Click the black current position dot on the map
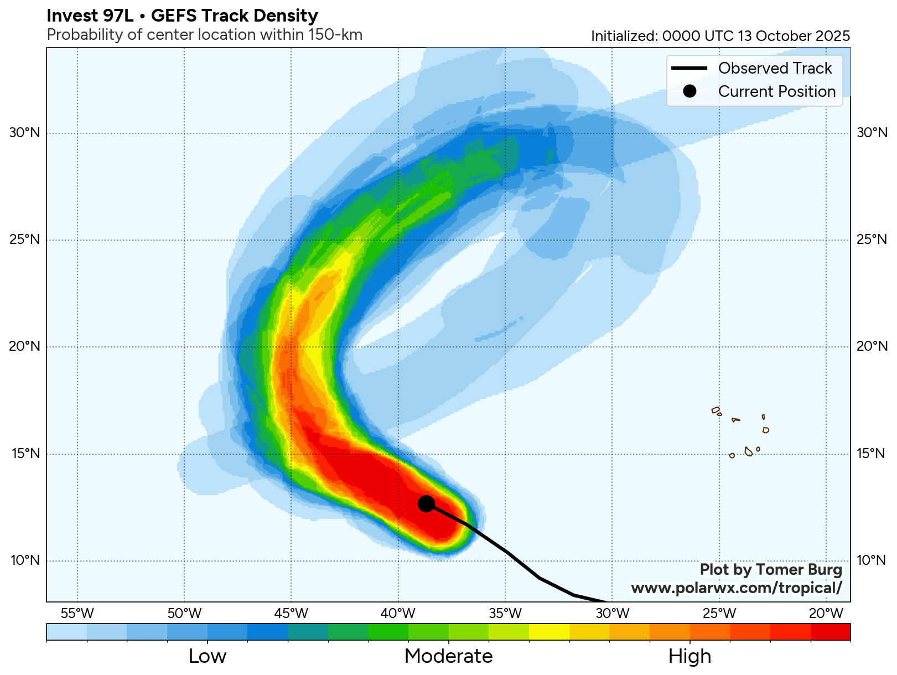[426, 503]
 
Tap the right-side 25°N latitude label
[872, 240]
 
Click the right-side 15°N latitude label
[872, 454]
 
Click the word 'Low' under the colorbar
[208, 656]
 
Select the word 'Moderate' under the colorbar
[448, 656]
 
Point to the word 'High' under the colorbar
[689, 656]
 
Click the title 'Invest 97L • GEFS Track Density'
[182, 16]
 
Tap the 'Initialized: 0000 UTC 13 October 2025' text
[720, 36]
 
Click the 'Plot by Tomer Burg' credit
[770, 569]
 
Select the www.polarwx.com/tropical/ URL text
[737, 588]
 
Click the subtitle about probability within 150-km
[204, 35]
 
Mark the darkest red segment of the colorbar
[830, 632]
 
